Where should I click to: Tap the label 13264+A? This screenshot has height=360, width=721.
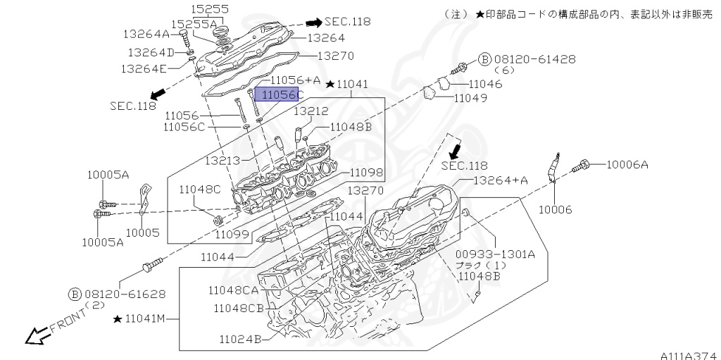(x=500, y=180)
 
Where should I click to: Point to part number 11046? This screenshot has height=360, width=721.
(x=485, y=84)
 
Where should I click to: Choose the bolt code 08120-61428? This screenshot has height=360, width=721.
(x=532, y=59)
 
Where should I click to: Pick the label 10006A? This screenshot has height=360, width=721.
(x=627, y=165)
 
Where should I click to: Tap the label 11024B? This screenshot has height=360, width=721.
(x=241, y=339)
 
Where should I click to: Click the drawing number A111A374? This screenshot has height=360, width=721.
(x=689, y=355)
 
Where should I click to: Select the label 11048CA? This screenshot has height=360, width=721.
(x=235, y=290)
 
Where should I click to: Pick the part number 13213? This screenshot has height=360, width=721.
(x=222, y=161)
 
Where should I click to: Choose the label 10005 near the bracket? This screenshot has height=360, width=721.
(x=142, y=232)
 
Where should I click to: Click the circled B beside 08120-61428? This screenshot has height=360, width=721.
(x=485, y=59)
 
